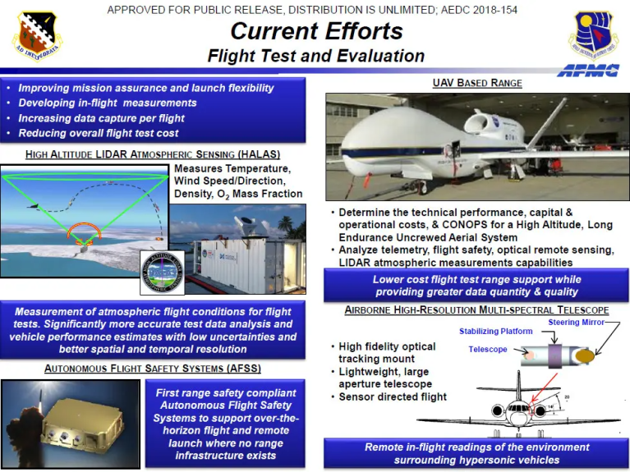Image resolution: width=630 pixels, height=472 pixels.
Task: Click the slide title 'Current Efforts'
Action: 315,32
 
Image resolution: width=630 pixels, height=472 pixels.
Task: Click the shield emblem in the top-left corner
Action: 36,35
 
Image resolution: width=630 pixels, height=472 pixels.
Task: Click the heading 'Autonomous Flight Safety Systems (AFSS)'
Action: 153,369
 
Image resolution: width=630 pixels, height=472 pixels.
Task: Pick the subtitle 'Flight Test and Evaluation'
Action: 315,57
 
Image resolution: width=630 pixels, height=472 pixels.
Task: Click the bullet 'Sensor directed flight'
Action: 393,397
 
